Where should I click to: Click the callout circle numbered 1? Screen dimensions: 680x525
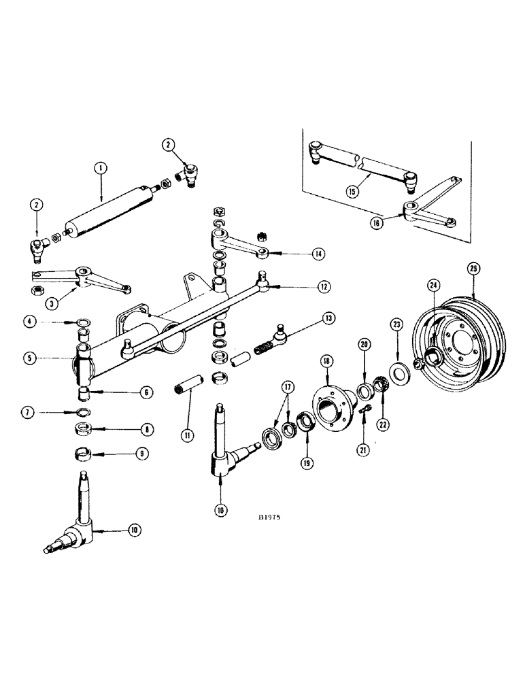(x=100, y=166)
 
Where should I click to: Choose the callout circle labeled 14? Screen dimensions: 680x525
(x=316, y=254)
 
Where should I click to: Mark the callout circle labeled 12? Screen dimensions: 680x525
(x=323, y=287)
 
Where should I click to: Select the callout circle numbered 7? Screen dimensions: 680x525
(x=49, y=412)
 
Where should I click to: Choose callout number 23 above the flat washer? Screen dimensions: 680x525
(x=396, y=325)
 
